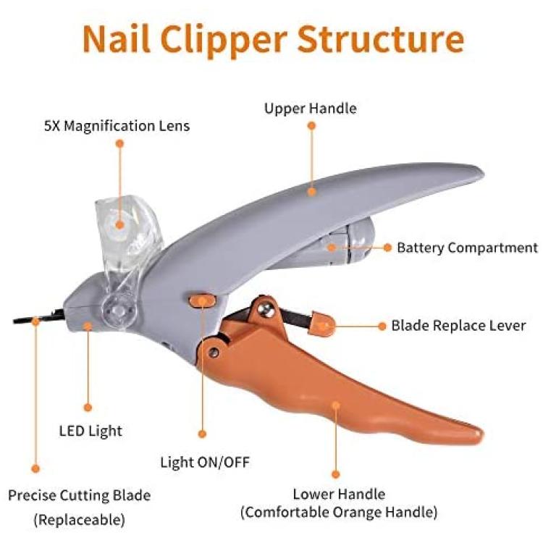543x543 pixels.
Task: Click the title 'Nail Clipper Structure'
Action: click(273, 40)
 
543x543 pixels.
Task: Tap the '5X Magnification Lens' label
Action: click(117, 126)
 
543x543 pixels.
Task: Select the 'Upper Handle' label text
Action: click(311, 109)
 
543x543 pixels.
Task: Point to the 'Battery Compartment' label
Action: click(467, 248)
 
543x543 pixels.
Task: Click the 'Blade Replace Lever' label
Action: click(458, 326)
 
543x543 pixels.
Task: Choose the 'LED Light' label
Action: click(90, 432)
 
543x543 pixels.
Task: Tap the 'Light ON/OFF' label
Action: click(205, 463)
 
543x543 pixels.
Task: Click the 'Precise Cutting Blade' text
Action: click(80, 495)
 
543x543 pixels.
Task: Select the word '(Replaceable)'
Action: click(80, 520)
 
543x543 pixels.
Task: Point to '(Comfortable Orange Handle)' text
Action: click(339, 512)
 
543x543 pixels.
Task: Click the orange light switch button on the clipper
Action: click(202, 300)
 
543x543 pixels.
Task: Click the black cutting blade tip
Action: click(21, 321)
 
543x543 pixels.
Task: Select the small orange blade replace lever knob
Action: click(321, 324)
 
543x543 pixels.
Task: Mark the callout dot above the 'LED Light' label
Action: click(88, 408)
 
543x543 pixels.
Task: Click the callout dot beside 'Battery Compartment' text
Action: click(388, 248)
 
